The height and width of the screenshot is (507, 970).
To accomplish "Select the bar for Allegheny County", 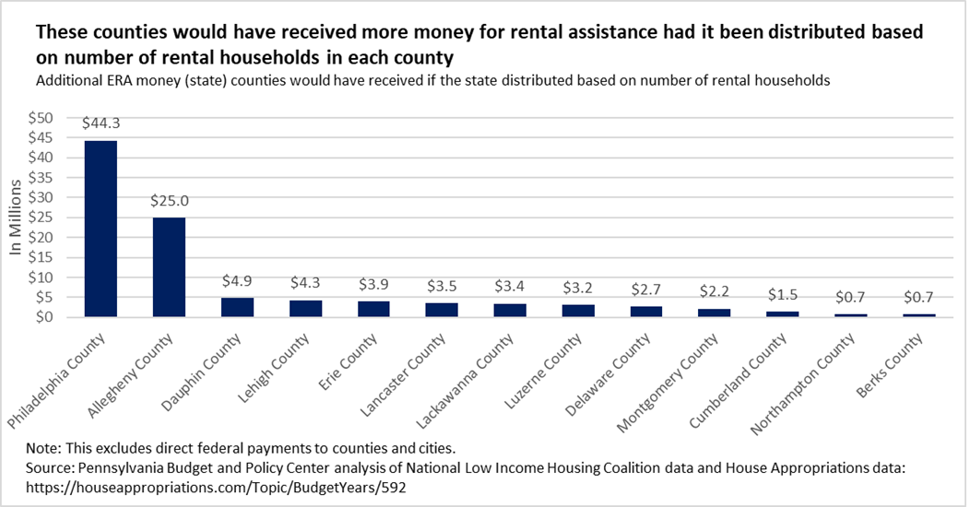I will pyautogui.click(x=169, y=267).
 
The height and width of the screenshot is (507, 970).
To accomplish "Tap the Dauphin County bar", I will pyautogui.click(x=237, y=307).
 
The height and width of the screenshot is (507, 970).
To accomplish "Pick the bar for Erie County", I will pyautogui.click(x=373, y=309).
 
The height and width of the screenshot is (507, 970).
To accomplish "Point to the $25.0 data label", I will pyautogui.click(x=169, y=200).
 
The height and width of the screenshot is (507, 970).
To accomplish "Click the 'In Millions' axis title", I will pyautogui.click(x=16, y=218).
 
